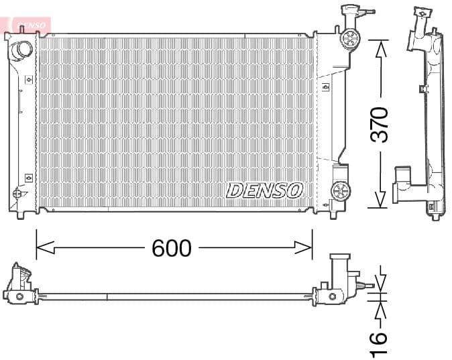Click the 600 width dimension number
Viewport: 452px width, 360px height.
172,248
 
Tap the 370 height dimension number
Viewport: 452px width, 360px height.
380,124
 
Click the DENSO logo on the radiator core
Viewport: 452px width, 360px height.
265,190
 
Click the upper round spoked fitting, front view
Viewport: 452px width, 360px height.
350,38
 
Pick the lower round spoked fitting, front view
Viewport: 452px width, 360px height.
341,191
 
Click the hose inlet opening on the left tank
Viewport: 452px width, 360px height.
23,48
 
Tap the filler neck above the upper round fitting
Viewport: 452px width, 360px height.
349,12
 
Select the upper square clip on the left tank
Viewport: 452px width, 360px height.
28,79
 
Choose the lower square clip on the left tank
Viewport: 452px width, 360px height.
28,178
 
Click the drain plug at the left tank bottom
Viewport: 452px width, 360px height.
17,194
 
